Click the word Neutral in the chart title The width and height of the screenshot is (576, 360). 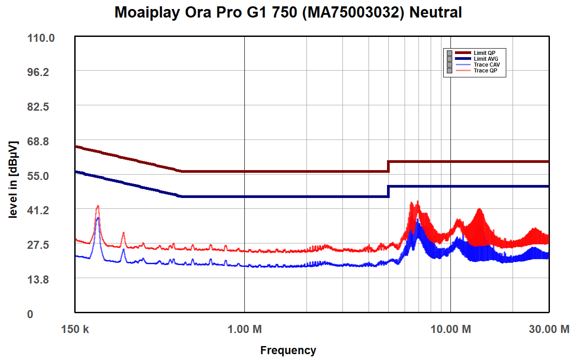click(436, 13)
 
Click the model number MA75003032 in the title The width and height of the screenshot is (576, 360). click(350, 13)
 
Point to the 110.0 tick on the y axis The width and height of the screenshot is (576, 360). click(41, 38)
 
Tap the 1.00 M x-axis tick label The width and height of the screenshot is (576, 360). click(244, 329)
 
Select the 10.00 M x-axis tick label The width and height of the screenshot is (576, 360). click(451, 329)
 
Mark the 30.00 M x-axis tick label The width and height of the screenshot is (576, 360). click(549, 329)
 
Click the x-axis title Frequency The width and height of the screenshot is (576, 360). click(288, 350)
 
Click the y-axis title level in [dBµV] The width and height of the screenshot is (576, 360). click(13, 180)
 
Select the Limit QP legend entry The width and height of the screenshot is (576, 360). click(484, 53)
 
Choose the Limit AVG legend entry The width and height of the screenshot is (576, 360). click(486, 59)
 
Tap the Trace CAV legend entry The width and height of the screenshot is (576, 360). click(486, 65)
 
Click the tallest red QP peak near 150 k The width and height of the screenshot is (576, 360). click(97, 206)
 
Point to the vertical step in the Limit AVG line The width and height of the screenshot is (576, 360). click(388, 191)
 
